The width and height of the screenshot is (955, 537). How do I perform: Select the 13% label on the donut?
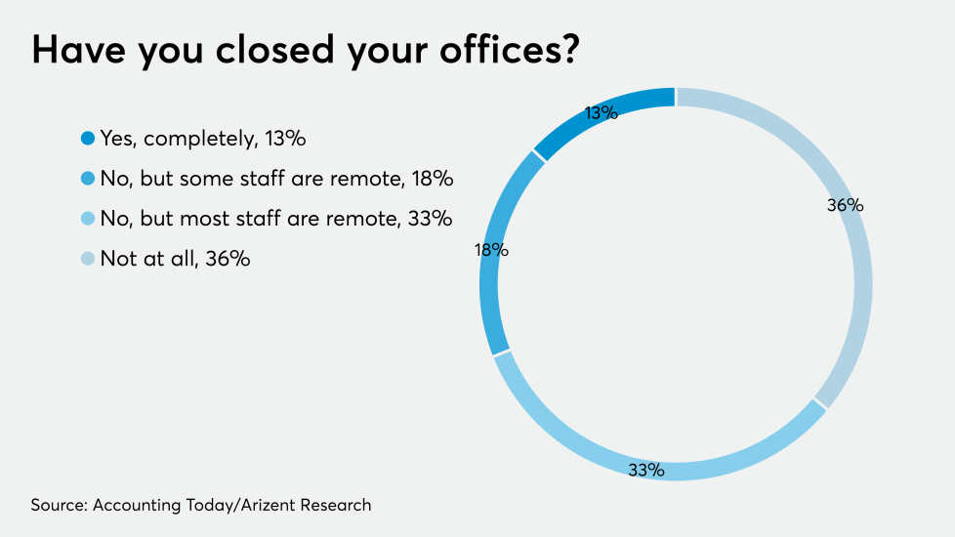[602, 112]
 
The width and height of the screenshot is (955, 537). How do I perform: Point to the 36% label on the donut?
[845, 206]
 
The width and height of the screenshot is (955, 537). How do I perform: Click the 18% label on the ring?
[491, 250]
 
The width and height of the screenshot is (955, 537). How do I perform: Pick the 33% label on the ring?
[645, 471]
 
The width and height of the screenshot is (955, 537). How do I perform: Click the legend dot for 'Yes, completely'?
[88, 140]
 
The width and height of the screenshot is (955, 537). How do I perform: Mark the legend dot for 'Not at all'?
[88, 260]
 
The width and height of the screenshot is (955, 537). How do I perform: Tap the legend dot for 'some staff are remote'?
[88, 180]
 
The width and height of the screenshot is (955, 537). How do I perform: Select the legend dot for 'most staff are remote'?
[88, 220]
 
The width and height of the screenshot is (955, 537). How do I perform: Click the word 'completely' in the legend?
[200, 140]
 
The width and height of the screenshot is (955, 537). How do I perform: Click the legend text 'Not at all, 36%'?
[175, 260]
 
